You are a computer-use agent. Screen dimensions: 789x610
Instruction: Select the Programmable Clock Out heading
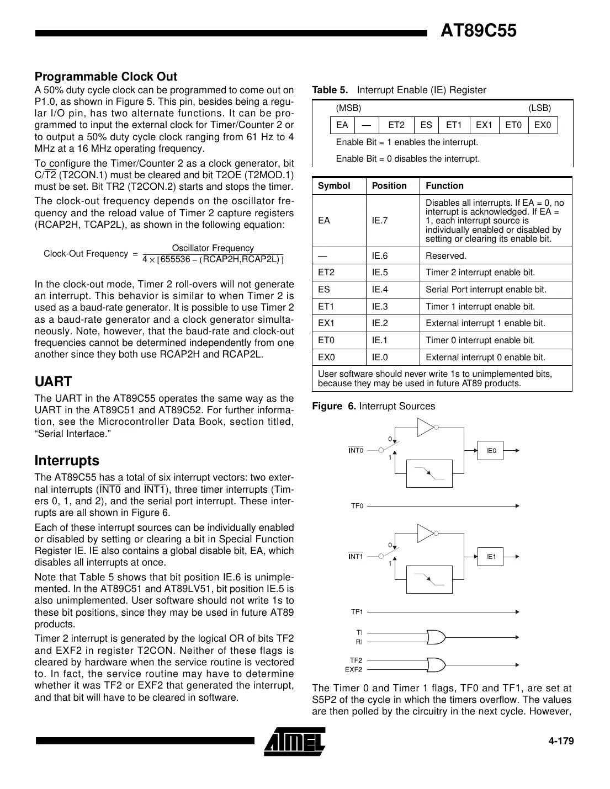coord(105,76)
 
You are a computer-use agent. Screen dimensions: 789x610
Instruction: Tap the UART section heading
coord(53,381)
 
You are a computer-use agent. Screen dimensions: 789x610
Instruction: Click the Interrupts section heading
coord(67,460)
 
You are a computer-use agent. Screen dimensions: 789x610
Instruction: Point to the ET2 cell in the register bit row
coord(396,125)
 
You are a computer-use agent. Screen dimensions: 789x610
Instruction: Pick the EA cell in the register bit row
coord(342,125)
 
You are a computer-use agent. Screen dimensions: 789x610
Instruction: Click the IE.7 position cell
coord(380,220)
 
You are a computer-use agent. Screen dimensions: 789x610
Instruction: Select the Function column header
coord(444,186)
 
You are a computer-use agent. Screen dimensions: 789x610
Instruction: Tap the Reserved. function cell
coord(446,255)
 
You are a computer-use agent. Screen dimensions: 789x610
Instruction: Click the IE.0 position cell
coord(380,358)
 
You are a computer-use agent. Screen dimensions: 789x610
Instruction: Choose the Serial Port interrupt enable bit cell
coord(486,290)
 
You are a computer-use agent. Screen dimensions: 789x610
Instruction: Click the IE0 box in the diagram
coord(491,451)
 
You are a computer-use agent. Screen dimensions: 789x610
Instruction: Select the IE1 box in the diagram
coord(491,557)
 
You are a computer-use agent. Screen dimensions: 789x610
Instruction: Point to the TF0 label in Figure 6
coord(357,505)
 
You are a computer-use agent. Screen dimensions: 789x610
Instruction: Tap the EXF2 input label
coord(354,670)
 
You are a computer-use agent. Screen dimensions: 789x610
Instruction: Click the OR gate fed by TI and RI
coord(436,637)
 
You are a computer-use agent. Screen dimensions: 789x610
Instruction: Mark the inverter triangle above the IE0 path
coord(425,427)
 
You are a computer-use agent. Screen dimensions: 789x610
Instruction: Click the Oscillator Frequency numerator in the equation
coord(213,248)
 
